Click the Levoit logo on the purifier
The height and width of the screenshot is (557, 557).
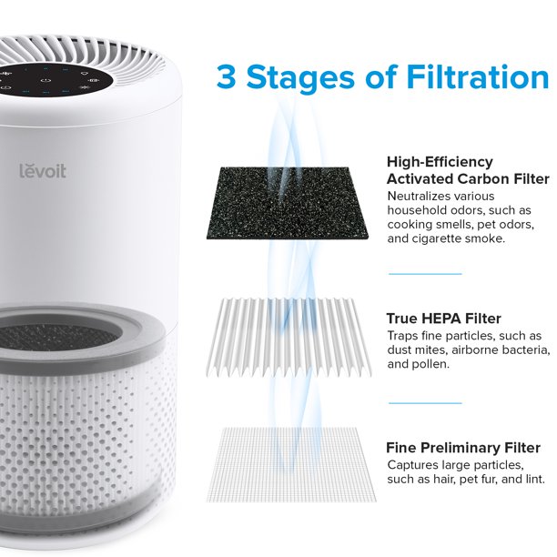pyautogui.click(x=43, y=171)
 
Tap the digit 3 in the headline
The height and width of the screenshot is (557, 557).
pyautogui.click(x=226, y=77)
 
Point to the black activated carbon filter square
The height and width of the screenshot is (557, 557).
pyautogui.click(x=287, y=203)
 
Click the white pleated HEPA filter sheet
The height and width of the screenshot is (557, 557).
pyautogui.click(x=289, y=338)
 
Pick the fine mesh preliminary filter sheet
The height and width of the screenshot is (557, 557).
pyautogui.click(x=290, y=465)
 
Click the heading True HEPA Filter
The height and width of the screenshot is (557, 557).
pyautogui.click(x=443, y=319)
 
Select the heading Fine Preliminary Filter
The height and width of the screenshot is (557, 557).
pyautogui.click(x=463, y=448)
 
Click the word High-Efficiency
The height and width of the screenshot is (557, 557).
pyautogui.click(x=440, y=162)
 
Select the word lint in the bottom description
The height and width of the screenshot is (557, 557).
pyautogui.click(x=535, y=480)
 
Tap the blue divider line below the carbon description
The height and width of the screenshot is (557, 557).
pyautogui.click(x=425, y=274)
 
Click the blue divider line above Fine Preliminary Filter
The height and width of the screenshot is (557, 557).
pyautogui.click(x=425, y=403)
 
